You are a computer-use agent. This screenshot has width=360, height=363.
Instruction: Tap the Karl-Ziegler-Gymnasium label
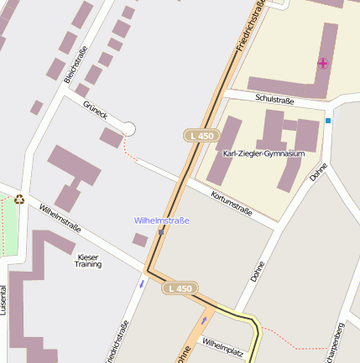coord(263,153)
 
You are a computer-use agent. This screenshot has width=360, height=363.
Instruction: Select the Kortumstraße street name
coord(232,205)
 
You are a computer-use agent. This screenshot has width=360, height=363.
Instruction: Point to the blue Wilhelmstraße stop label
coord(162,220)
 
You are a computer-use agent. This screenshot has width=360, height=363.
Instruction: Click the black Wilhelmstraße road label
coord(60,217)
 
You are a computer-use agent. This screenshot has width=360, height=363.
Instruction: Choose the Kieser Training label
coord(88,260)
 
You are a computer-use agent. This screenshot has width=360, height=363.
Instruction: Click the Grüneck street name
coord(95,112)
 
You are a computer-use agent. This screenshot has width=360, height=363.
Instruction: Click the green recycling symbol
coord(19,200)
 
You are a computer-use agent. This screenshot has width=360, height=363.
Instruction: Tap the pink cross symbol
coord(323,63)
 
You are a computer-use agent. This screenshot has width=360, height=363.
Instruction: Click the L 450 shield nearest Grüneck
coord(201,135)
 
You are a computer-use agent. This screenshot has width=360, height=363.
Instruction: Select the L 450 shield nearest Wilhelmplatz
coord(180,288)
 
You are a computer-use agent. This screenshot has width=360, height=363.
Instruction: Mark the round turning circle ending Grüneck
coord(128,128)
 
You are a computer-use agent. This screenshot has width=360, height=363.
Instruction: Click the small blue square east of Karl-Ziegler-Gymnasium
coord(328,121)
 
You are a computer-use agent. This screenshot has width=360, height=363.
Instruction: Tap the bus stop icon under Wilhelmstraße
coord(161,232)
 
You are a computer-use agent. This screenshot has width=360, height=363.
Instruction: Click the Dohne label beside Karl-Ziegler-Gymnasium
coord(317,172)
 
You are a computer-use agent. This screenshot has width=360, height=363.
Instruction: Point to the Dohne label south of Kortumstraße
coord(258,270)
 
